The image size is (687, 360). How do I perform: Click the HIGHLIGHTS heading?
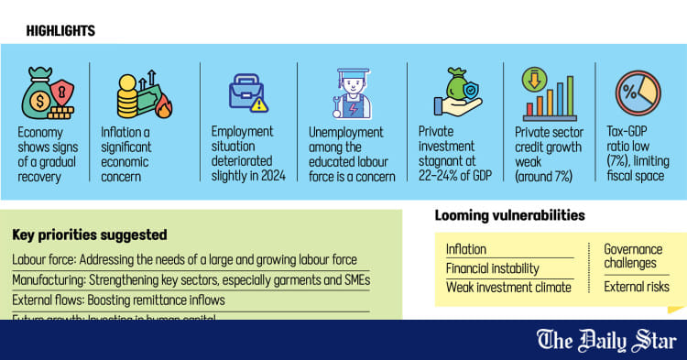[x=60, y=31]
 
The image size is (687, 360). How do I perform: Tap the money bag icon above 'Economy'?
[x=46, y=93]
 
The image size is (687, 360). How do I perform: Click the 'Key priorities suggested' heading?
[x=90, y=235]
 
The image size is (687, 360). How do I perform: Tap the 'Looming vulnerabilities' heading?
[x=510, y=216]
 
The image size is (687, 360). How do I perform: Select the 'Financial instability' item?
[x=492, y=268]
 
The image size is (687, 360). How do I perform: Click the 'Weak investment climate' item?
[x=507, y=288]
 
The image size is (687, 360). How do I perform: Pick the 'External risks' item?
[x=636, y=287]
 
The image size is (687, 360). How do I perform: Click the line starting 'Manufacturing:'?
[x=191, y=280]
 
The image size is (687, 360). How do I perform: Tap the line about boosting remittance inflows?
[x=118, y=300]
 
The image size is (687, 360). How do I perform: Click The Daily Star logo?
[x=605, y=341]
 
